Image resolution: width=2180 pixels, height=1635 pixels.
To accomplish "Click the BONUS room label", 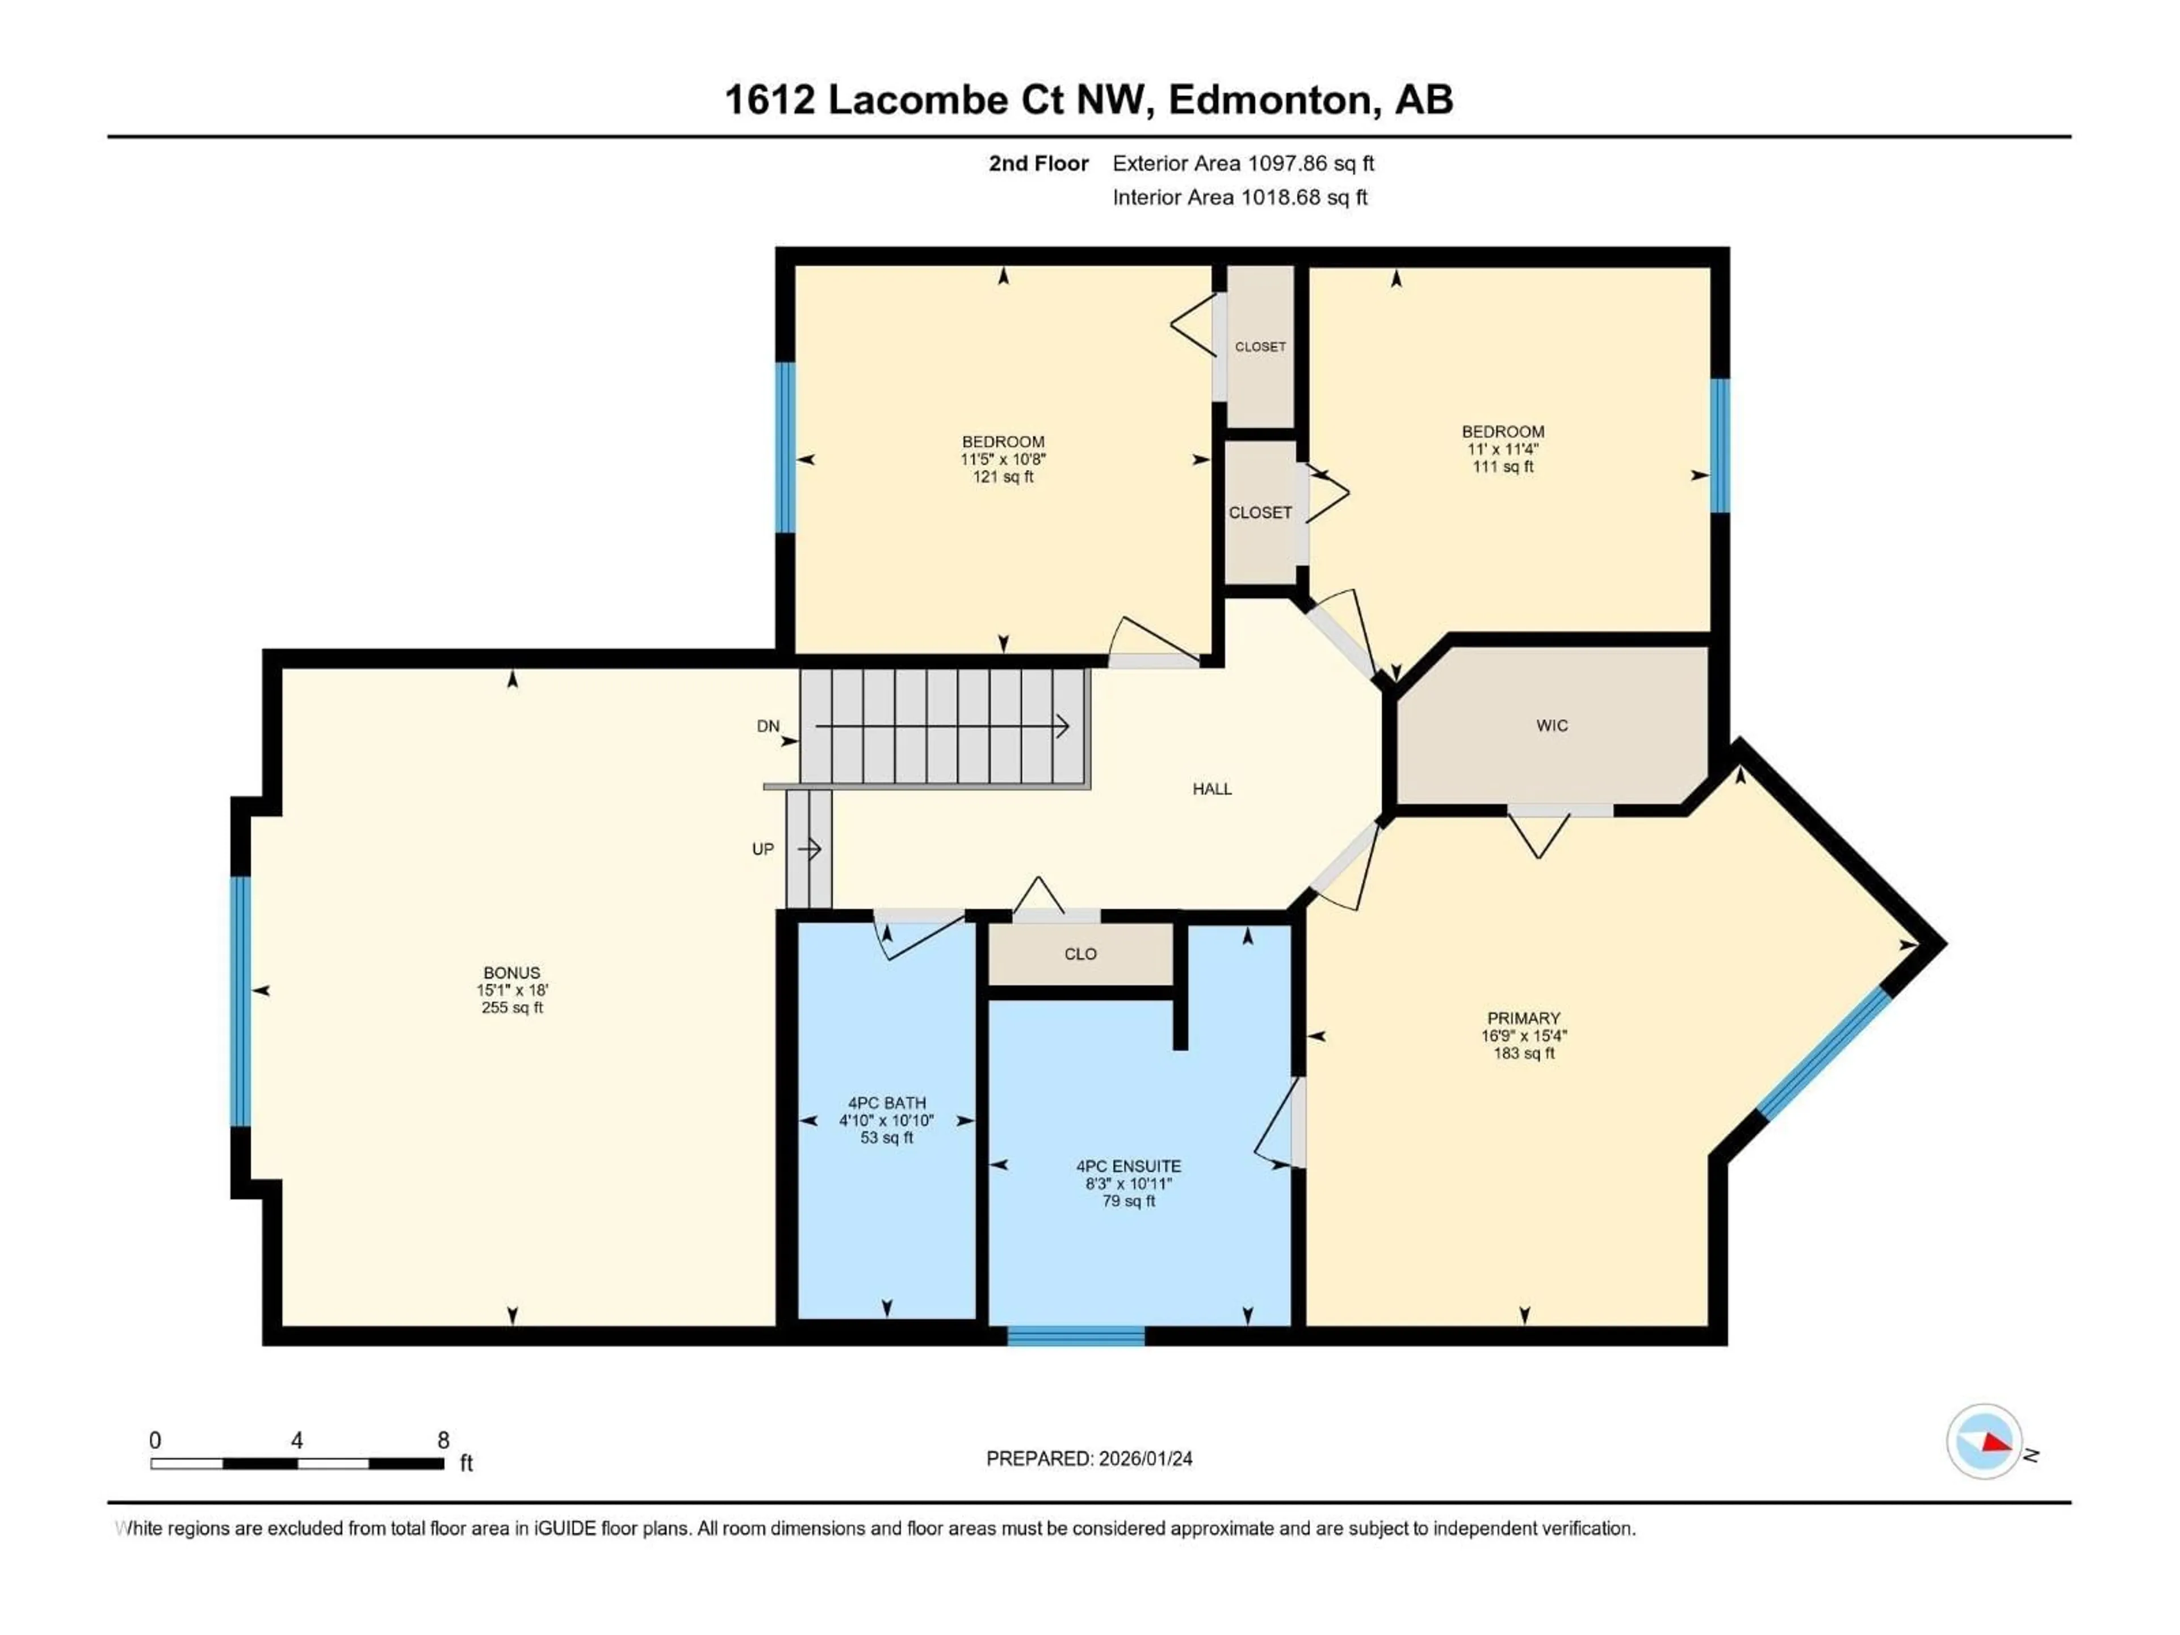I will coord(512,972).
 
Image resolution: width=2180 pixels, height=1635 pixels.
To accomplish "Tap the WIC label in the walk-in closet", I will coord(1551,726).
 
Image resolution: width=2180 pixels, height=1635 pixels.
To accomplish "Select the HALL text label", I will coord(1211,789).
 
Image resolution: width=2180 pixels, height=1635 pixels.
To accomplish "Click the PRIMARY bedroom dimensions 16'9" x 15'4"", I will coord(1524,1036).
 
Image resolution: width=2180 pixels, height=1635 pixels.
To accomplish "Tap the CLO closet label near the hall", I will coord(1080,954).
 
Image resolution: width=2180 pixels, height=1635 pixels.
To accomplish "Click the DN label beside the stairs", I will coord(768,726).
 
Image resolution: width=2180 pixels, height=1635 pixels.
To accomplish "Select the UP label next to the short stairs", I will coord(763,849).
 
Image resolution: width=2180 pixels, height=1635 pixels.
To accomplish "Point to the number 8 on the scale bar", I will coord(443,1440).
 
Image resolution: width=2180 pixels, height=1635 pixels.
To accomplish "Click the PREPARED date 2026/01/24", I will coord(1089,1458).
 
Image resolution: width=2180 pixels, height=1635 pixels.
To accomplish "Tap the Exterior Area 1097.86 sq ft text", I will coord(1243,163).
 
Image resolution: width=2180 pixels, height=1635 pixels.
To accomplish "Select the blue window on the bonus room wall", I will coord(241,1000).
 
